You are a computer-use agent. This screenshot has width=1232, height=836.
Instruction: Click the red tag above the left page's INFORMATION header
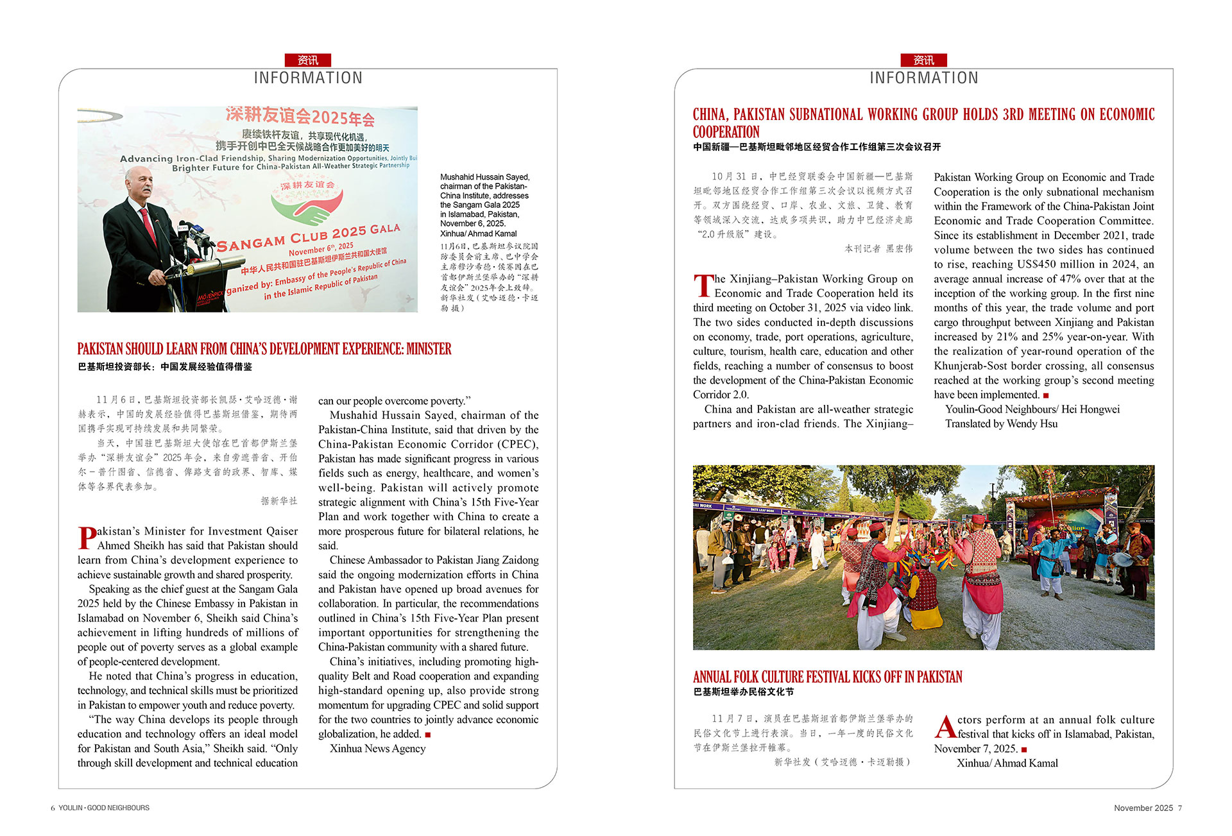click(x=307, y=60)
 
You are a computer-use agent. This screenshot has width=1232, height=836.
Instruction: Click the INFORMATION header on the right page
click(x=923, y=78)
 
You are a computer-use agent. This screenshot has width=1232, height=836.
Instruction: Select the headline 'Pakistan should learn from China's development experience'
click(x=264, y=349)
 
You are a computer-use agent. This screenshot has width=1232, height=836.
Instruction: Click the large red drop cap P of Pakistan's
click(x=87, y=538)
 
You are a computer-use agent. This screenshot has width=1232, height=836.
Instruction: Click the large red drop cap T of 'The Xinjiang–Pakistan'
click(x=703, y=286)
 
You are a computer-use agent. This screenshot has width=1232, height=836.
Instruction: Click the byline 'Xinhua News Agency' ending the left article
click(x=377, y=749)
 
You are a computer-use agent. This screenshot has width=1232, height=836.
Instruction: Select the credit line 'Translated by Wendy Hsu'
click(x=1001, y=424)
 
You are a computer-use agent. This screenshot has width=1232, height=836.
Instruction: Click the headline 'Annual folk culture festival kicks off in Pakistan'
click(x=827, y=677)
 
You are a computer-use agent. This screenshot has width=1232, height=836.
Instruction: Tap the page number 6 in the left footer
click(x=53, y=808)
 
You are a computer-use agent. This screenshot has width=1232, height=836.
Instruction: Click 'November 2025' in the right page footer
click(x=1143, y=808)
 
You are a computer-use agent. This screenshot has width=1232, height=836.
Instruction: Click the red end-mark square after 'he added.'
click(x=428, y=735)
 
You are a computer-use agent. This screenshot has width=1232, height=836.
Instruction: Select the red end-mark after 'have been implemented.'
click(x=1046, y=395)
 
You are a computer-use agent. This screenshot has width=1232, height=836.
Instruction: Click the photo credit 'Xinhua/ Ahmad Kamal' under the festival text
click(x=1007, y=763)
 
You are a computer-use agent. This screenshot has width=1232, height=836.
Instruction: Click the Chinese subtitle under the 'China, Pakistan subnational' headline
click(x=816, y=147)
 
